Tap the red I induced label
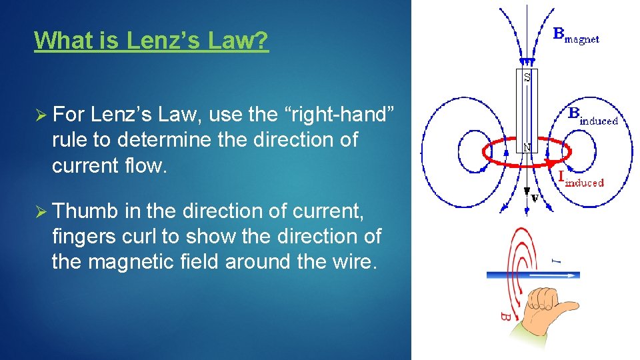point(580,179)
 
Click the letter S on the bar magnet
point(527,77)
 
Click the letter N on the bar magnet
point(527,148)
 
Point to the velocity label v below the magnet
point(534,197)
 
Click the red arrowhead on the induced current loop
point(549,162)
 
